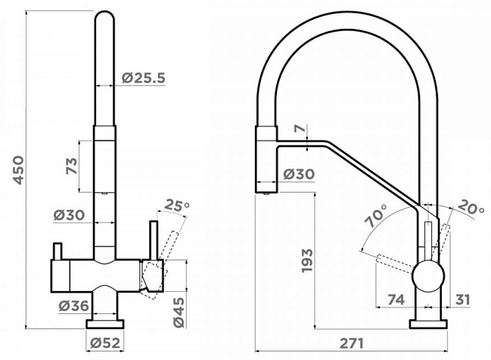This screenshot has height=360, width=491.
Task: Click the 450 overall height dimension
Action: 19,170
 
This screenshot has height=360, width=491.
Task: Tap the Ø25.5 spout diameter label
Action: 144,78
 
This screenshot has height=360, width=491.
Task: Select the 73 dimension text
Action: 71,166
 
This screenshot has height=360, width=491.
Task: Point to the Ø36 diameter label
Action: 74,306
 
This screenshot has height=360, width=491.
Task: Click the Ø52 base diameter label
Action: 105,343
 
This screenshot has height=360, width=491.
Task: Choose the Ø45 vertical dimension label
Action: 179,312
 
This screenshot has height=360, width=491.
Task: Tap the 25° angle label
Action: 177,206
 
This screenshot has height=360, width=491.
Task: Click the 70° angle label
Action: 377,216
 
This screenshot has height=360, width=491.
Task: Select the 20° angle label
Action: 471,207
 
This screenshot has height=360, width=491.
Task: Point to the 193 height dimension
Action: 307,260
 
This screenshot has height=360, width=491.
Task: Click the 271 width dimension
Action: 352,343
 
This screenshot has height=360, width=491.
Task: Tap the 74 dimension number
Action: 396,299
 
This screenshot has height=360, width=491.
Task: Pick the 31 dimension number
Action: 462,299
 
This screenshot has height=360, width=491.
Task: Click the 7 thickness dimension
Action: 300,129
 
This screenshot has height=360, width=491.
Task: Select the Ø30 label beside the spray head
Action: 299,174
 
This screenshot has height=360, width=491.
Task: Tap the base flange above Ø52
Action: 105,324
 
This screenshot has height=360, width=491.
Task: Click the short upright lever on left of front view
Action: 57,251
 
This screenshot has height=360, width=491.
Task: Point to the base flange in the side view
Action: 429,324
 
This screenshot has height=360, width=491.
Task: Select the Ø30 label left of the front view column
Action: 69,215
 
